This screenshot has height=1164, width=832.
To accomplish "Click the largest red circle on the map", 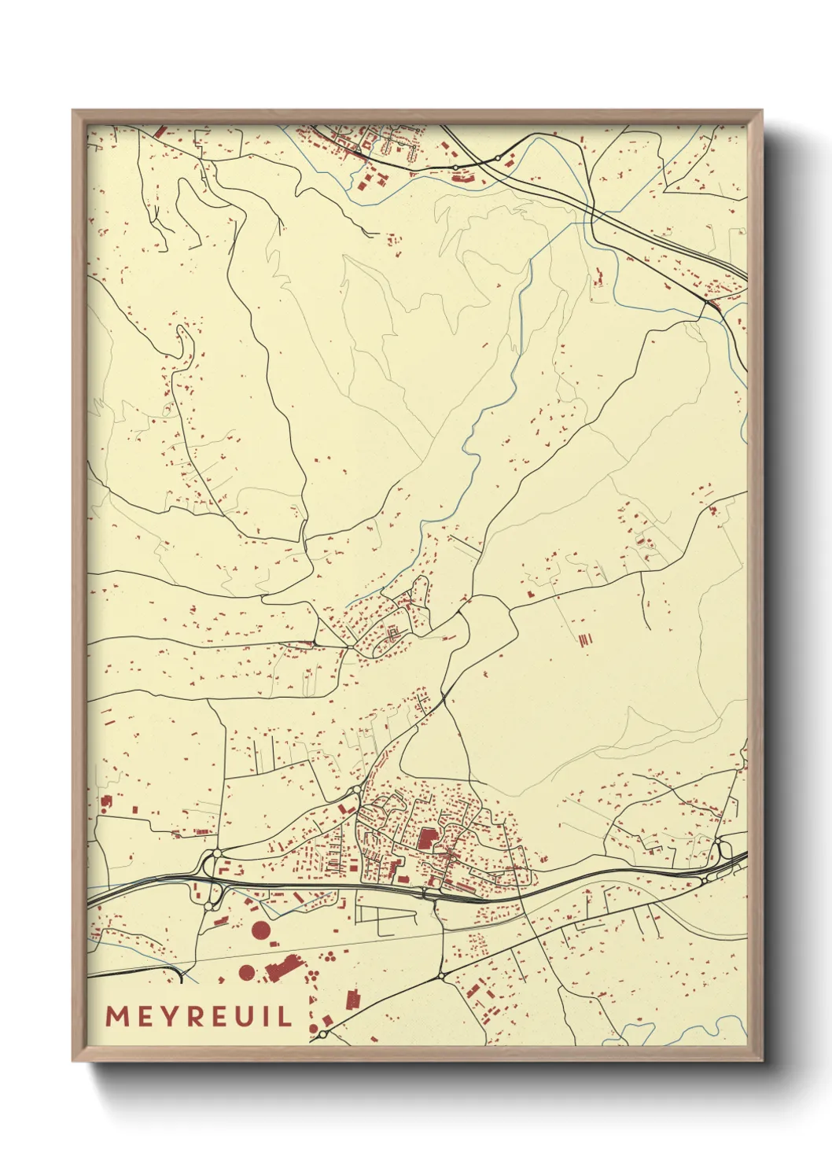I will [x=260, y=931].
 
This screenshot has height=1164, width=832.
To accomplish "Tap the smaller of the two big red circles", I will [x=246, y=972].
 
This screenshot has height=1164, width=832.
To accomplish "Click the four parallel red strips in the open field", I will [x=584, y=640].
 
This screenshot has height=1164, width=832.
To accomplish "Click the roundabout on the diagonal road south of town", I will [x=440, y=977].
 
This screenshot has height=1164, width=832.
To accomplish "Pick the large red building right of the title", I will [x=352, y=1000].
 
